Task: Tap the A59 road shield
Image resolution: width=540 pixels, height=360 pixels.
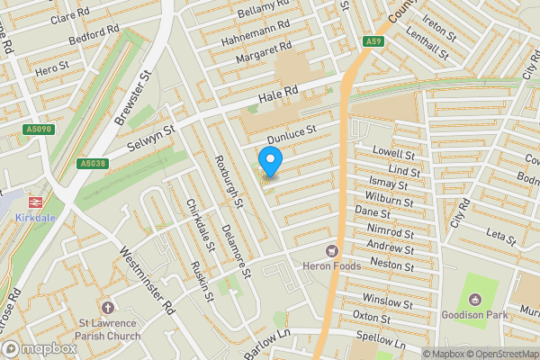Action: [x=374, y=42]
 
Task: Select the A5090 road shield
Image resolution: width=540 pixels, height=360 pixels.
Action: [x=37, y=130]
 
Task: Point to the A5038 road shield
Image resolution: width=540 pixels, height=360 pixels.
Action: [x=92, y=164]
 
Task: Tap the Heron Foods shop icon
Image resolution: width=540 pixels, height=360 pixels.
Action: [x=332, y=250]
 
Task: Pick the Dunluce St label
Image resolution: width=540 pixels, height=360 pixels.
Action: [x=292, y=130]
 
